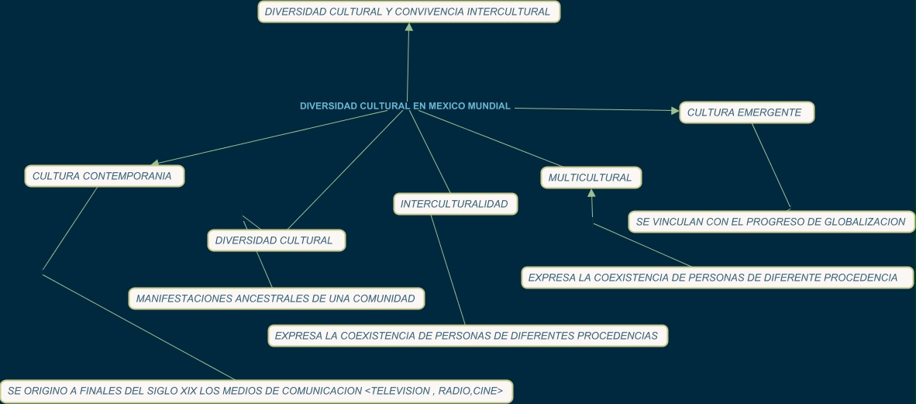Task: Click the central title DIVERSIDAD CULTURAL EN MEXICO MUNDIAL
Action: pyautogui.click(x=405, y=106)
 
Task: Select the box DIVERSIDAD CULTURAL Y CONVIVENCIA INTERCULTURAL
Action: pyautogui.click(x=408, y=12)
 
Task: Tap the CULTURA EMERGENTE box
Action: pyautogui.click(x=746, y=112)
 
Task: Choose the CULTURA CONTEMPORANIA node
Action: pyautogui.click(x=104, y=176)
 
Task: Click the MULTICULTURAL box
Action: pyautogui.click(x=591, y=178)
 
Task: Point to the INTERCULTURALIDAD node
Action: pyautogui.click(x=455, y=204)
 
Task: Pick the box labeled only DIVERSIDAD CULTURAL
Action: pyautogui.click(x=276, y=240)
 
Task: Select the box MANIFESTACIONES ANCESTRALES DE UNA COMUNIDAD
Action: pyautogui.click(x=276, y=299)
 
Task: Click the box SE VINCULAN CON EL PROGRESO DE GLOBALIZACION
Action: pyautogui.click(x=770, y=222)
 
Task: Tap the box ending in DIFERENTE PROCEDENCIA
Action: pyautogui.click(x=717, y=278)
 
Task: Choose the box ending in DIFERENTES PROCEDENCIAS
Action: pyautogui.click(x=467, y=336)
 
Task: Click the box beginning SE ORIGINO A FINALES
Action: pyautogui.click(x=256, y=392)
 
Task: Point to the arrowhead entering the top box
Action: pyautogui.click(x=409, y=28)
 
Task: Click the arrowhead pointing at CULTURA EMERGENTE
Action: pyautogui.click(x=675, y=111)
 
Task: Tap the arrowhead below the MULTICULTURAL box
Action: pyautogui.click(x=591, y=193)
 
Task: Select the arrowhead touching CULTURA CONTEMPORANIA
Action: pyautogui.click(x=155, y=163)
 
